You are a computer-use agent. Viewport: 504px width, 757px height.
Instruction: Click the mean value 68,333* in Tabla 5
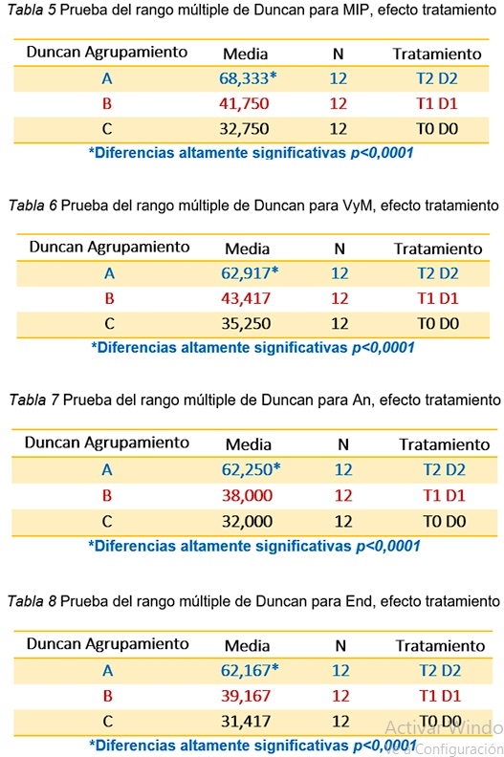pyautogui.click(x=249, y=78)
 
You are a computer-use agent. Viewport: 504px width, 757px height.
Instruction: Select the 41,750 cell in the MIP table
pyautogui.click(x=244, y=103)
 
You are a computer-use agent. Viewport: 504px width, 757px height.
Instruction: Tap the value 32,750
pyautogui.click(x=244, y=128)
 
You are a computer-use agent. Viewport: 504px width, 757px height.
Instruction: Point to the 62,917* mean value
pyautogui.click(x=249, y=273)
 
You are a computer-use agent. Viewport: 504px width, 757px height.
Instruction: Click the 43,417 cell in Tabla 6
pyautogui.click(x=244, y=298)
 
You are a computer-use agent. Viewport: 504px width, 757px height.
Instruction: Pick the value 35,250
pyautogui.click(x=244, y=323)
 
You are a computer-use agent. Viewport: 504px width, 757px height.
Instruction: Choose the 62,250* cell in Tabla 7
pyautogui.click(x=251, y=469)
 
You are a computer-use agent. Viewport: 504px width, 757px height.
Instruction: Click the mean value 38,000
pyautogui.click(x=248, y=495)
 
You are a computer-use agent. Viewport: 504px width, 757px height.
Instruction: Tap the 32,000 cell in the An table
pyautogui.click(x=248, y=521)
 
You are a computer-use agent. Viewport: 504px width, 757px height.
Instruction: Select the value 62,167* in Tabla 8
pyautogui.click(x=250, y=670)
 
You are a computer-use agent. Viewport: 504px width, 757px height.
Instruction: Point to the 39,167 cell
pyautogui.click(x=245, y=695)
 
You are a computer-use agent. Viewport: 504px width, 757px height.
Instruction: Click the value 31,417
pyautogui.click(x=245, y=720)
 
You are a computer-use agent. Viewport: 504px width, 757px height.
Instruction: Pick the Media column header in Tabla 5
pyautogui.click(x=245, y=54)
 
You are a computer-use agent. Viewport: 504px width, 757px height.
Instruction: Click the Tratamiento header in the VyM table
pyautogui.click(x=437, y=249)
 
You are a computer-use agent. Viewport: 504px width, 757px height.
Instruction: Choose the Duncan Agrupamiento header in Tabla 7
pyautogui.click(x=105, y=443)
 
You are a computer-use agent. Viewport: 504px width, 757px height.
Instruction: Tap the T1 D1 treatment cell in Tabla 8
pyautogui.click(x=439, y=695)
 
